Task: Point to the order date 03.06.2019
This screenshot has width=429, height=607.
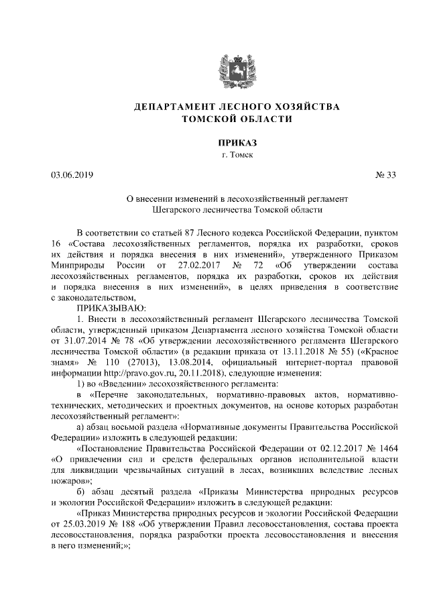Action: (x=73, y=176)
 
